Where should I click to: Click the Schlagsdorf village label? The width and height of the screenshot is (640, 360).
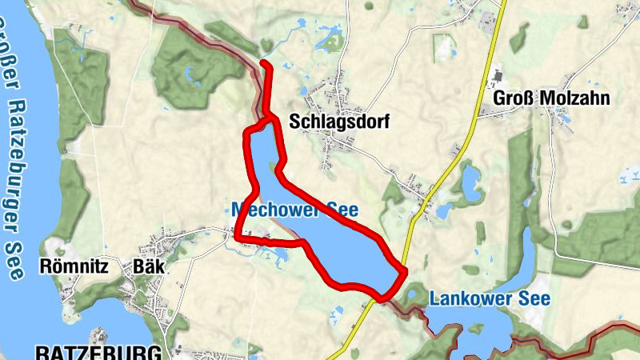[x=328, y=122]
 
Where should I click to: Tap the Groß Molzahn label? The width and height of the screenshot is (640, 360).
[x=551, y=98]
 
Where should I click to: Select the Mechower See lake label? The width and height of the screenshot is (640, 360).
[x=294, y=210]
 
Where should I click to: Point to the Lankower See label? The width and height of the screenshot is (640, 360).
[x=490, y=299]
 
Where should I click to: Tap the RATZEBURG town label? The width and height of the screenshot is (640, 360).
[x=98, y=352]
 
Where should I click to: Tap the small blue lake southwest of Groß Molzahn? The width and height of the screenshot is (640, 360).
[x=470, y=181]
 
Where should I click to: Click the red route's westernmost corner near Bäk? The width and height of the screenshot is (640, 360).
[x=238, y=235]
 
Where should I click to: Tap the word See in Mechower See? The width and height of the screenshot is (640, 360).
[x=342, y=210]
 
